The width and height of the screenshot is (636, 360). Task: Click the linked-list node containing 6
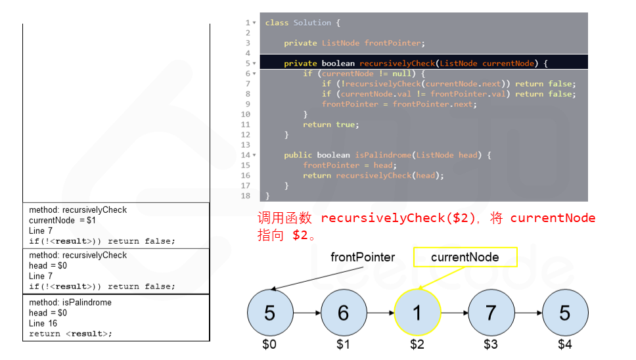(343, 313)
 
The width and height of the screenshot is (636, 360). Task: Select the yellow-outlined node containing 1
(417, 313)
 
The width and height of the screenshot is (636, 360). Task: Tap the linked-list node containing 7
(491, 313)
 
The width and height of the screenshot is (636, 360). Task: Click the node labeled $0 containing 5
(269, 313)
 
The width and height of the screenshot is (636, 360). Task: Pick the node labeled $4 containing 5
(565, 313)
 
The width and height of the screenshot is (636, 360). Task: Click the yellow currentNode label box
(465, 257)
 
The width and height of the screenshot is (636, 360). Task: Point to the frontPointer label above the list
(363, 257)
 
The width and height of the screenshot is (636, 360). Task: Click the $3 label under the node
(491, 344)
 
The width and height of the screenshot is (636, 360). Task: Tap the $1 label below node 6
(343, 344)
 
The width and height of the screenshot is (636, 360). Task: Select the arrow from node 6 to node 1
(380, 313)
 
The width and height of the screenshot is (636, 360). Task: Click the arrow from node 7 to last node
(528, 313)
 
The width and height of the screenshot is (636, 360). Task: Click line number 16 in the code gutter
(246, 175)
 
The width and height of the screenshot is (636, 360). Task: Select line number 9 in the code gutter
(248, 104)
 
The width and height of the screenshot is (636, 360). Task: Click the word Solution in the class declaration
(312, 23)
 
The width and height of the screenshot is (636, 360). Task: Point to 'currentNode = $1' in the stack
(62, 220)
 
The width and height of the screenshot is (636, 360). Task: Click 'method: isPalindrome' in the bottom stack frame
(70, 302)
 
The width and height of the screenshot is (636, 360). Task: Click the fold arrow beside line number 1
(254, 23)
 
